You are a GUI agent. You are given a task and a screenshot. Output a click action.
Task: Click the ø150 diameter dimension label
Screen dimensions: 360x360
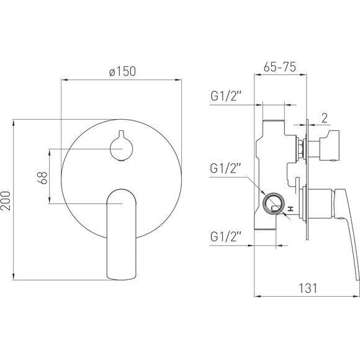(x=123, y=71)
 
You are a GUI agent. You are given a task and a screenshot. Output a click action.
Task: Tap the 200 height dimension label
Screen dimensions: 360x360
(x=6, y=200)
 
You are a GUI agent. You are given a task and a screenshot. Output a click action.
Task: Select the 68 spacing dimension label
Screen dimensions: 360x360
(x=42, y=178)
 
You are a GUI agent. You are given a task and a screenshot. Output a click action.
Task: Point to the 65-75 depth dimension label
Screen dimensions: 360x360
(x=280, y=67)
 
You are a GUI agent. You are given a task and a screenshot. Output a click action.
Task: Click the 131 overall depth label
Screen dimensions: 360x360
(x=308, y=289)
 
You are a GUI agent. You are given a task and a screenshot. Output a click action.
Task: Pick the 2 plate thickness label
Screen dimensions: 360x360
(x=325, y=118)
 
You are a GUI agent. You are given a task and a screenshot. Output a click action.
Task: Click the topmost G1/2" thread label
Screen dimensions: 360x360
(x=226, y=96)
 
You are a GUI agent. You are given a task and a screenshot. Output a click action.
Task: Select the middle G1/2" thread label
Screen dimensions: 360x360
(x=225, y=168)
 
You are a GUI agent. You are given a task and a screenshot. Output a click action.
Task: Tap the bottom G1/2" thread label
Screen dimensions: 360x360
(x=226, y=236)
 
